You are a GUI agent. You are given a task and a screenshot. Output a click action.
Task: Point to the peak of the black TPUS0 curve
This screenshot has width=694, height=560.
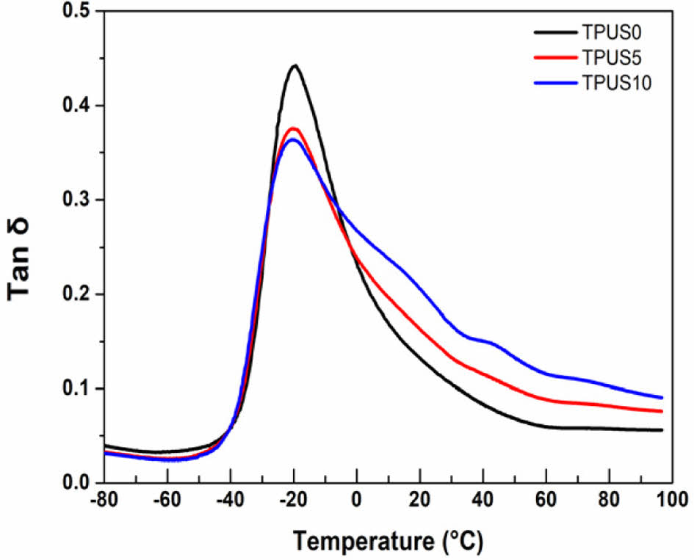click(295, 65)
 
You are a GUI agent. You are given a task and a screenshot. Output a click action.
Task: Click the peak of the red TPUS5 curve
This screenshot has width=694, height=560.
click(294, 128)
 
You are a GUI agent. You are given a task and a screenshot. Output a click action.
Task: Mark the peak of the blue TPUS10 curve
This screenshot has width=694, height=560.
click(293, 139)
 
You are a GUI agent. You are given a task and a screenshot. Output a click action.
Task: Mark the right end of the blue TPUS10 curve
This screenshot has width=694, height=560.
click(662, 397)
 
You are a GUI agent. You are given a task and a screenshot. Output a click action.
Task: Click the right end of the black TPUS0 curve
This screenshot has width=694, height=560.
click(662, 430)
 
